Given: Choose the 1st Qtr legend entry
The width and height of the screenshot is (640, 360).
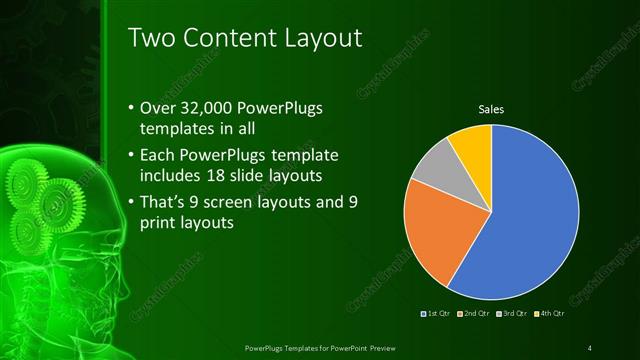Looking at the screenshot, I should [x=438, y=315].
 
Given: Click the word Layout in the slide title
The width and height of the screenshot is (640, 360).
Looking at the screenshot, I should [x=312, y=38].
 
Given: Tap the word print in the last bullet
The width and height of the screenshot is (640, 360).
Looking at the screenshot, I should [x=160, y=224].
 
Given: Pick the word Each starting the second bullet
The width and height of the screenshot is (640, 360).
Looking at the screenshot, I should [x=163, y=155].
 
